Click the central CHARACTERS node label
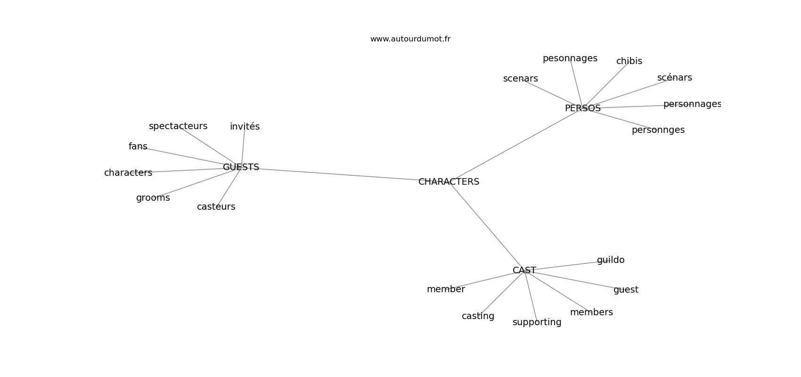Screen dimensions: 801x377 point(449,182)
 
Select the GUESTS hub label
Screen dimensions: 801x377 point(241,167)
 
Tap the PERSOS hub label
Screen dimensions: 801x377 point(583,108)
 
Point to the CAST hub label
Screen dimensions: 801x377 point(524,270)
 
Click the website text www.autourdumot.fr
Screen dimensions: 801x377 point(410,39)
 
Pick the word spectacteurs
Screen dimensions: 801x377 point(178,126)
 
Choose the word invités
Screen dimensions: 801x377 point(245,126)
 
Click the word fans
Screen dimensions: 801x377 point(138,146)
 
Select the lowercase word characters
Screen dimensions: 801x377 point(128,173)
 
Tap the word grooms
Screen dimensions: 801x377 point(153,198)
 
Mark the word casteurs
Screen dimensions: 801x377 point(216,207)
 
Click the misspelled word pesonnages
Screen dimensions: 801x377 point(570,58)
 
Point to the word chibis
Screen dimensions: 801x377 point(629,61)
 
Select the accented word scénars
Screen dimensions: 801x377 point(675,78)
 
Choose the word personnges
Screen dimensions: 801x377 point(658,130)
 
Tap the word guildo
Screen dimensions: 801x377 point(611,260)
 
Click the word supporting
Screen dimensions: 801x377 point(537,322)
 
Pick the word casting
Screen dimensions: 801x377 point(478,316)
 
